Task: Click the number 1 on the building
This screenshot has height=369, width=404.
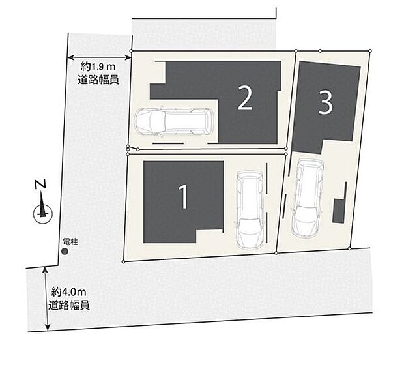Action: click(183, 197)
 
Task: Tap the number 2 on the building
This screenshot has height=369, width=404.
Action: click(245, 98)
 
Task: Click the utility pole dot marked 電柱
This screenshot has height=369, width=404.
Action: click(65, 252)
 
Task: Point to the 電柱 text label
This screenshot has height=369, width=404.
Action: click(70, 242)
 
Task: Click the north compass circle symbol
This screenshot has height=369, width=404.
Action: click(43, 214)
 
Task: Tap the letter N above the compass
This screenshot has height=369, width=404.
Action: click(40, 184)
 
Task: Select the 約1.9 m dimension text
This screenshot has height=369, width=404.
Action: click(98, 67)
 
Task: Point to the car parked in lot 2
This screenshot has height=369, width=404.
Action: click(173, 121)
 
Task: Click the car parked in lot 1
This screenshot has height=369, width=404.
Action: click(250, 211)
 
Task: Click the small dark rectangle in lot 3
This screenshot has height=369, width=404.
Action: click(339, 211)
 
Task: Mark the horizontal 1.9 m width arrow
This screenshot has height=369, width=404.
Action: click(99, 57)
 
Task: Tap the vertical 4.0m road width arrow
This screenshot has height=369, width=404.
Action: click(47, 299)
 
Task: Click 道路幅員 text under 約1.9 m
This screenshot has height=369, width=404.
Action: click(98, 80)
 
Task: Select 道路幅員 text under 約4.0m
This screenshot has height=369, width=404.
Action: click(69, 305)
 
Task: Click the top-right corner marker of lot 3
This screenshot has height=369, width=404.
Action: click(370, 50)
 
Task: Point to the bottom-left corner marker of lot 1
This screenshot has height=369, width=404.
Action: click(123, 261)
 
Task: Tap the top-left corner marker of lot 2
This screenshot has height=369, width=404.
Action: click(132, 51)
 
